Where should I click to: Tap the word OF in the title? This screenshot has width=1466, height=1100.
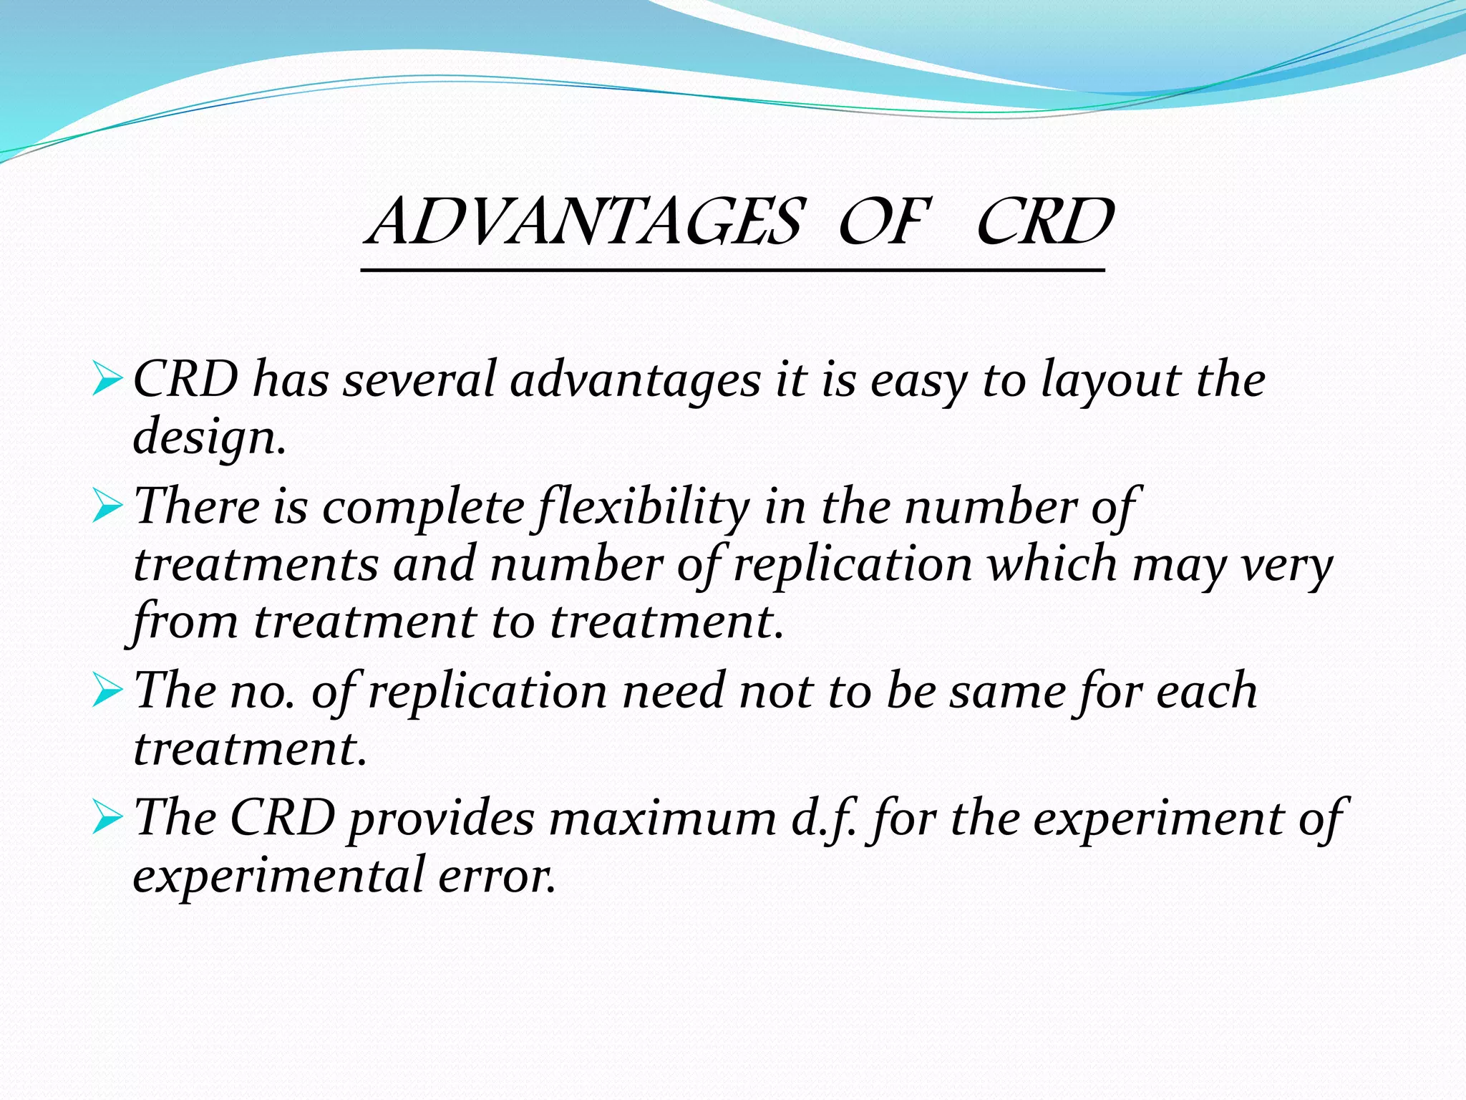pyautogui.click(x=882, y=222)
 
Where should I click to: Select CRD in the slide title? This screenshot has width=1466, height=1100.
pyautogui.click(x=1044, y=222)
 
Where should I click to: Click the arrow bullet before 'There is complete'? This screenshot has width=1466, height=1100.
pyautogui.click(x=108, y=508)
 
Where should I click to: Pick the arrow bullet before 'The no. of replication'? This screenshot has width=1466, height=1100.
pyautogui.click(x=108, y=693)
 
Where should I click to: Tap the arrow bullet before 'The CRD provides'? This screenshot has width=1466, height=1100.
pyautogui.click(x=108, y=819)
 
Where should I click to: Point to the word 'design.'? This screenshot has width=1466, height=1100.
pyautogui.click(x=210, y=438)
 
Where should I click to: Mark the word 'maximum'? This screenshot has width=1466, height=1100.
pyautogui.click(x=662, y=819)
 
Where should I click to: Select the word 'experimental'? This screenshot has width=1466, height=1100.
pyautogui.click(x=279, y=877)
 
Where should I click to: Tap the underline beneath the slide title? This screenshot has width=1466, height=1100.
pyautogui.click(x=733, y=271)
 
